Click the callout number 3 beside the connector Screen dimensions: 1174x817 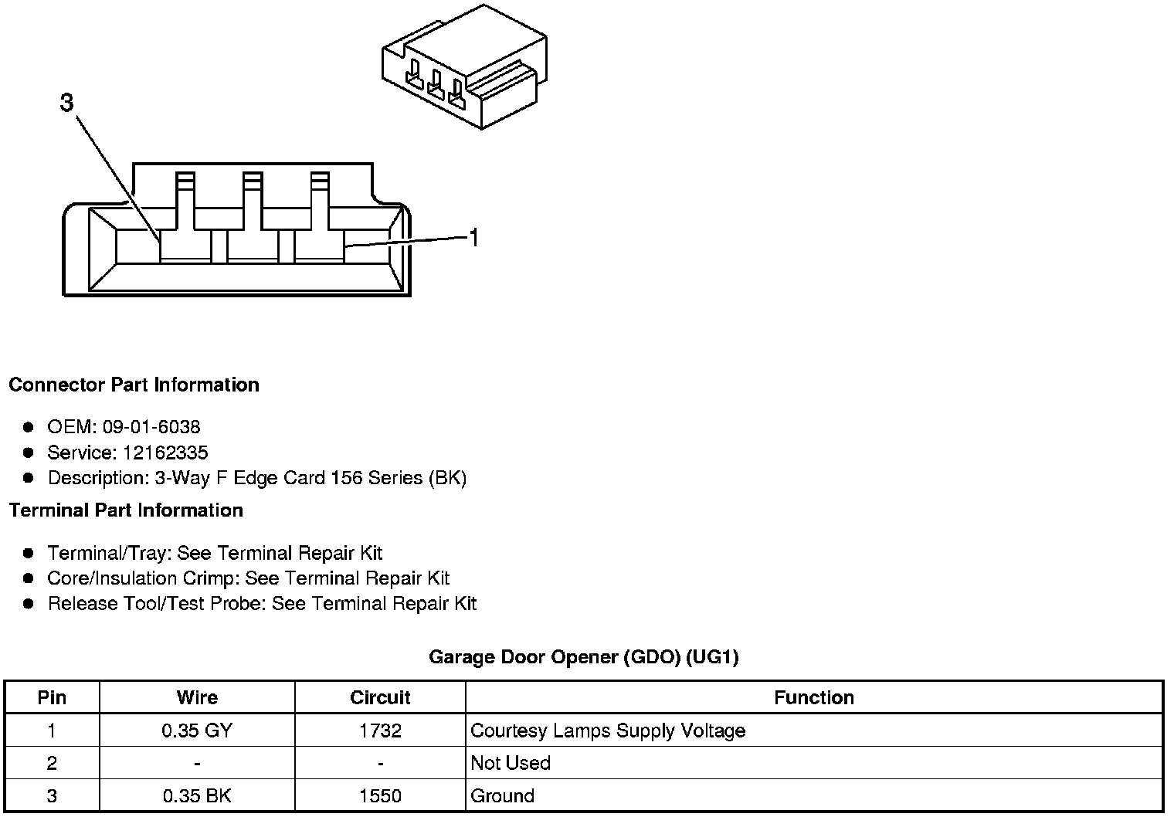[x=67, y=103]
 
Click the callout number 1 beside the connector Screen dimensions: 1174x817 [x=473, y=238]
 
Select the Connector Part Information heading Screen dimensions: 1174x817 [x=134, y=385]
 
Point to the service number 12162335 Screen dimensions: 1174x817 [x=165, y=453]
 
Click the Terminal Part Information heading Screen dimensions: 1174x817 [x=126, y=510]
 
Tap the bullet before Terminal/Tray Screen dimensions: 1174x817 [x=29, y=553]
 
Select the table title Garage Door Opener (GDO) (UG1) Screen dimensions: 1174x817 [x=584, y=657]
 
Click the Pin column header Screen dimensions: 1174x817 [x=52, y=698]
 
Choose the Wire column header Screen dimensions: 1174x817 [x=197, y=698]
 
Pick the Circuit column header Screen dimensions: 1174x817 [x=380, y=698]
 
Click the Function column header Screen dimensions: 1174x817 [x=814, y=698]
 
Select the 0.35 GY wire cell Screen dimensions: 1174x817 [x=197, y=731]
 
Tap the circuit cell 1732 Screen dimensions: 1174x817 [x=380, y=731]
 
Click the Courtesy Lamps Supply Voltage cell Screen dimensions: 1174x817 [x=608, y=731]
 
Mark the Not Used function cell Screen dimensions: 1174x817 [x=511, y=763]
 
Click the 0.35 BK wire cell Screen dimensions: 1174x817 [x=197, y=796]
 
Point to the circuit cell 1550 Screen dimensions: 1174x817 [x=380, y=796]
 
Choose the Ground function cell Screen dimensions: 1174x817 [x=502, y=796]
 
